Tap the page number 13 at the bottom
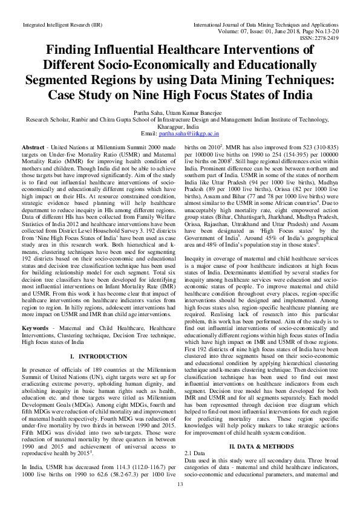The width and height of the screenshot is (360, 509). pos(180,501)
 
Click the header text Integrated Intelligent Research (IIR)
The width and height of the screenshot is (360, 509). pos(62,24)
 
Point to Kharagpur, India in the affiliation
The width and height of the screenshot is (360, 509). pos(180,126)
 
